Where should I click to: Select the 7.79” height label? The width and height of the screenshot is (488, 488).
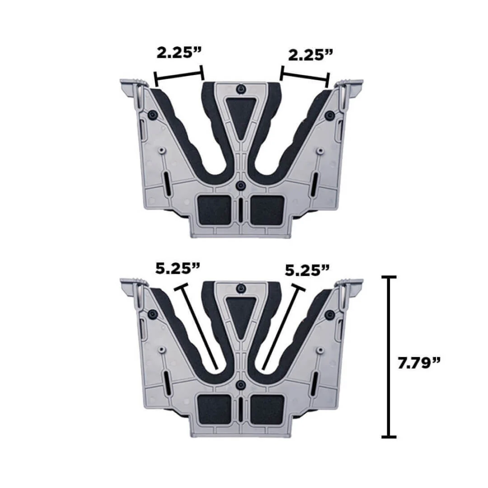(x=419, y=363)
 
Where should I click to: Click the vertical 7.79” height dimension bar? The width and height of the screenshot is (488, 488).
(x=389, y=357)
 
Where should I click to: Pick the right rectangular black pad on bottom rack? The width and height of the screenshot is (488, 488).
(x=267, y=408)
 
